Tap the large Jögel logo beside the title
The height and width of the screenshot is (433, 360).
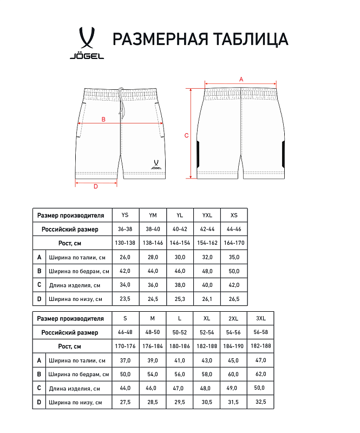[x=87, y=43]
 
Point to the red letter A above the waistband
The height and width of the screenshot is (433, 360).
[x=241, y=79]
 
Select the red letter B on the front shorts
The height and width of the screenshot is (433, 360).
[x=103, y=119]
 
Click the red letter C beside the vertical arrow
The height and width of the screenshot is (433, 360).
[x=186, y=135]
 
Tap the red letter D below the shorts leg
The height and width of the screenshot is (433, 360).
[x=96, y=187]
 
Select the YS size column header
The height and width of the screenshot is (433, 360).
[x=126, y=215]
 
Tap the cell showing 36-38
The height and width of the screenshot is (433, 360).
[x=126, y=229]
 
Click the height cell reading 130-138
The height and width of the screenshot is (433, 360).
[x=126, y=243]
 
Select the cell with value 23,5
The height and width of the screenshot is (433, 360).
[x=126, y=299]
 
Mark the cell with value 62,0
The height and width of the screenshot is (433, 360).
[x=260, y=374]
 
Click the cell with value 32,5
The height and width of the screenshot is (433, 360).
[x=260, y=402]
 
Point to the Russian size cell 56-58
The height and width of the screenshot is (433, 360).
[x=260, y=332]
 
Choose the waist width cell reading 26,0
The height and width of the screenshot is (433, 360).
[x=126, y=257]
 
